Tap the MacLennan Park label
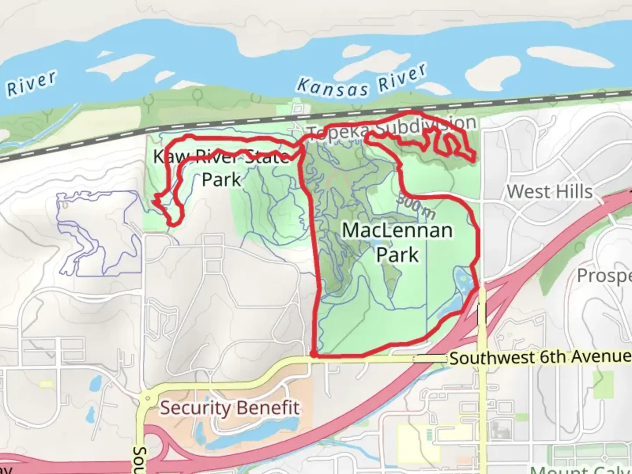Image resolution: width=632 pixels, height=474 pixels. point(397,242)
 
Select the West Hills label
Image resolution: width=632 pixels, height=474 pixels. point(549,192)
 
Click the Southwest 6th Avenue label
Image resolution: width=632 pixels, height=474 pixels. point(540,357)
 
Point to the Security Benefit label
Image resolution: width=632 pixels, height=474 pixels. point(230,408)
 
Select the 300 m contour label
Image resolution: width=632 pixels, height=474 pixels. point(416,206)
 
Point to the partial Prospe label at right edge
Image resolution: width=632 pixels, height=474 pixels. point(604,276)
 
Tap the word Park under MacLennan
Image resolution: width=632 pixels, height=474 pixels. point(398,255)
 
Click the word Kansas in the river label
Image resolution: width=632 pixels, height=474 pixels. point(332,87)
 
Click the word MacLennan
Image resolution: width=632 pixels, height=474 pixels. point(397,230)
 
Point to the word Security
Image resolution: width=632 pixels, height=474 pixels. point(195,408)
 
